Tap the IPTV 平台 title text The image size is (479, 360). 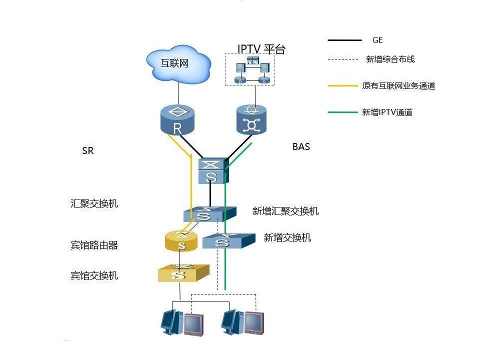(x=261, y=49)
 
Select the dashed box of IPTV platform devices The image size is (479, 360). (x=249, y=71)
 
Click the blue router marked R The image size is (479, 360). (x=177, y=120)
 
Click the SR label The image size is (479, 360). (x=87, y=150)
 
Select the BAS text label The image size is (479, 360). (x=301, y=146)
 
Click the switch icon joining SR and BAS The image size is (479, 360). (x=212, y=171)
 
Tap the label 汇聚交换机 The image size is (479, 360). (x=94, y=204)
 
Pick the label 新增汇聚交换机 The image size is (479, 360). (x=285, y=211)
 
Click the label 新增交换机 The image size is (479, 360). (x=287, y=237)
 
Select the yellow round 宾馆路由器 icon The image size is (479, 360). (x=181, y=241)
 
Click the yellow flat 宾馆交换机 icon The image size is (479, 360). (x=182, y=273)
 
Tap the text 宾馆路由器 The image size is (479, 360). (x=94, y=245)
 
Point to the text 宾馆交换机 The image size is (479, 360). (x=94, y=275)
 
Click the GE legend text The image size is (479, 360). (x=377, y=40)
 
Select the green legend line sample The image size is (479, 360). (x=344, y=112)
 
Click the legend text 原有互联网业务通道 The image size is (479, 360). (x=398, y=86)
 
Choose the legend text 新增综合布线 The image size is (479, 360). (x=390, y=59)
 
